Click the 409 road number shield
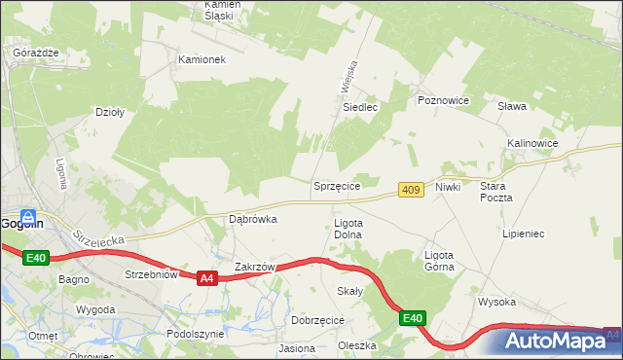point(410,190)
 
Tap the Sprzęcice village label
point(337,186)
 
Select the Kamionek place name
point(202,59)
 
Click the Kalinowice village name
point(531,143)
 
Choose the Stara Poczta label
point(495,191)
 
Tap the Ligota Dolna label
point(348,229)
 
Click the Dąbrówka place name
point(253,219)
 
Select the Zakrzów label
point(257,267)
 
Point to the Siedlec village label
point(359,107)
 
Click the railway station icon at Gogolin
point(29,217)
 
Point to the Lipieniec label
point(523,234)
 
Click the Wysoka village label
point(495,302)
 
